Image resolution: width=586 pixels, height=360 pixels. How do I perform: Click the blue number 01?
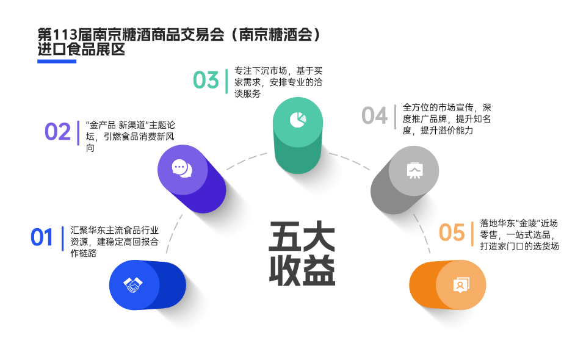[x=42, y=237]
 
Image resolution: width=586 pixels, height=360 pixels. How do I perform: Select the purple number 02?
[x=58, y=132]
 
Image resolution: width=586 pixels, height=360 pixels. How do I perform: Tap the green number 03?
[x=206, y=80]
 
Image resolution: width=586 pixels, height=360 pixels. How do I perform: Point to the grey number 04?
[x=374, y=115]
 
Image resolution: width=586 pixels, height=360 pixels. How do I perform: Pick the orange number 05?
[x=452, y=232]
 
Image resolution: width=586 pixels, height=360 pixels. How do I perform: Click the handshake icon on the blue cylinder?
[x=132, y=284]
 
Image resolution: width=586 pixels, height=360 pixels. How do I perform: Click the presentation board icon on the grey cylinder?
[x=414, y=170]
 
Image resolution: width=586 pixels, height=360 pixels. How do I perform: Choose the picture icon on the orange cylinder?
[x=460, y=285]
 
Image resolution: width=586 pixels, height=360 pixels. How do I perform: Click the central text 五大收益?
[x=302, y=253]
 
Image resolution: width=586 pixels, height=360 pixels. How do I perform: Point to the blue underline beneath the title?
[x=57, y=61]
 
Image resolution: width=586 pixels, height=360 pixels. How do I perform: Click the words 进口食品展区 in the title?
[x=81, y=50]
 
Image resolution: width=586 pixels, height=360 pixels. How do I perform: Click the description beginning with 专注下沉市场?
[x=278, y=82]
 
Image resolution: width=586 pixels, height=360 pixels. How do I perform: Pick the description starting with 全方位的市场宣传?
[x=447, y=118]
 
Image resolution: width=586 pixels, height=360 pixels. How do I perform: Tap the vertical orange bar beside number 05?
[x=472, y=234]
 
